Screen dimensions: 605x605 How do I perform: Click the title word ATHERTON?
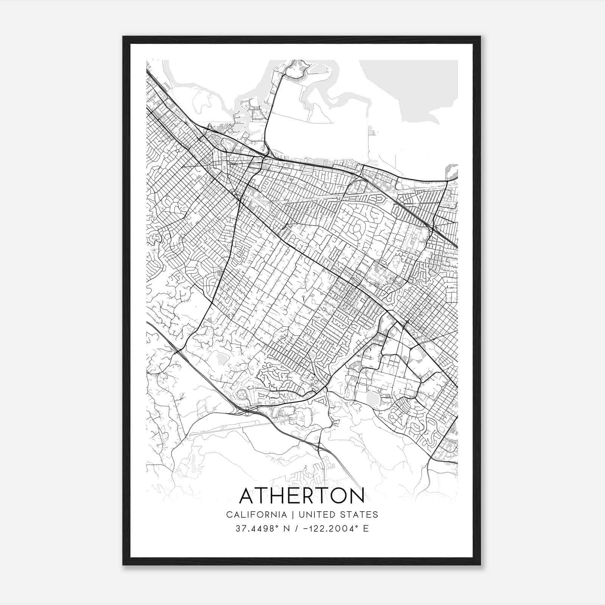(x=302, y=496)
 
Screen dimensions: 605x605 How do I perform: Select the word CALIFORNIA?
(x=256, y=515)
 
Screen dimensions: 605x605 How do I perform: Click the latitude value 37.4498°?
(x=256, y=529)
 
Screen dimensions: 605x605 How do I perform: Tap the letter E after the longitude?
(x=366, y=529)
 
